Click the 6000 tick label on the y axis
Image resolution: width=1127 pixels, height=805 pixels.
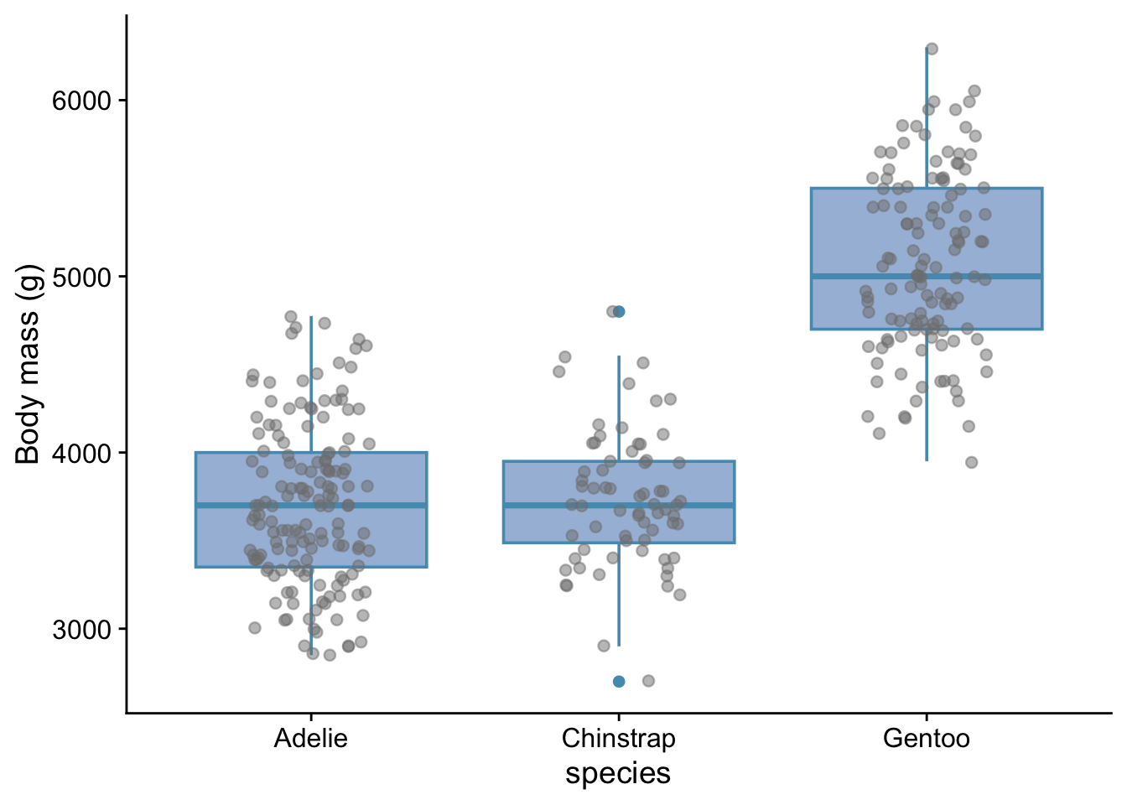[x=81, y=101]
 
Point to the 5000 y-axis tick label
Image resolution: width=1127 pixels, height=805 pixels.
[x=81, y=277]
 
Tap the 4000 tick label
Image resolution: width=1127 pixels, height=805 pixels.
[x=81, y=453]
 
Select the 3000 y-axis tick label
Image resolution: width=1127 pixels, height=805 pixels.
[x=81, y=630]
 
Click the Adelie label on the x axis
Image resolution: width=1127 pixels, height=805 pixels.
[x=311, y=739]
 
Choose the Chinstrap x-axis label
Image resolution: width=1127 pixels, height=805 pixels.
[x=619, y=739]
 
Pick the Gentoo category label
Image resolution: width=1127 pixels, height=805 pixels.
[x=927, y=739]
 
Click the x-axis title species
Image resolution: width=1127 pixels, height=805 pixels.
[x=618, y=773]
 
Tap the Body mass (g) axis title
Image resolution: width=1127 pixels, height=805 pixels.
[x=28, y=364]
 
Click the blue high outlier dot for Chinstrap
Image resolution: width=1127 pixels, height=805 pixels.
[x=619, y=311]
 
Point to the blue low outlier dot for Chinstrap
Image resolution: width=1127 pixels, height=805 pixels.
[x=619, y=681]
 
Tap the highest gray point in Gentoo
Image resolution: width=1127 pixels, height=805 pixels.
[x=932, y=49]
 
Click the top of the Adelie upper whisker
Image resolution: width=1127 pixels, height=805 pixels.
[x=311, y=317]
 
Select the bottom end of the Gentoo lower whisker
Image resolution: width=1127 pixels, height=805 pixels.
[x=927, y=460]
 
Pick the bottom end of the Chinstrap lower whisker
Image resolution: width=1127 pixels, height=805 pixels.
[x=619, y=645]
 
